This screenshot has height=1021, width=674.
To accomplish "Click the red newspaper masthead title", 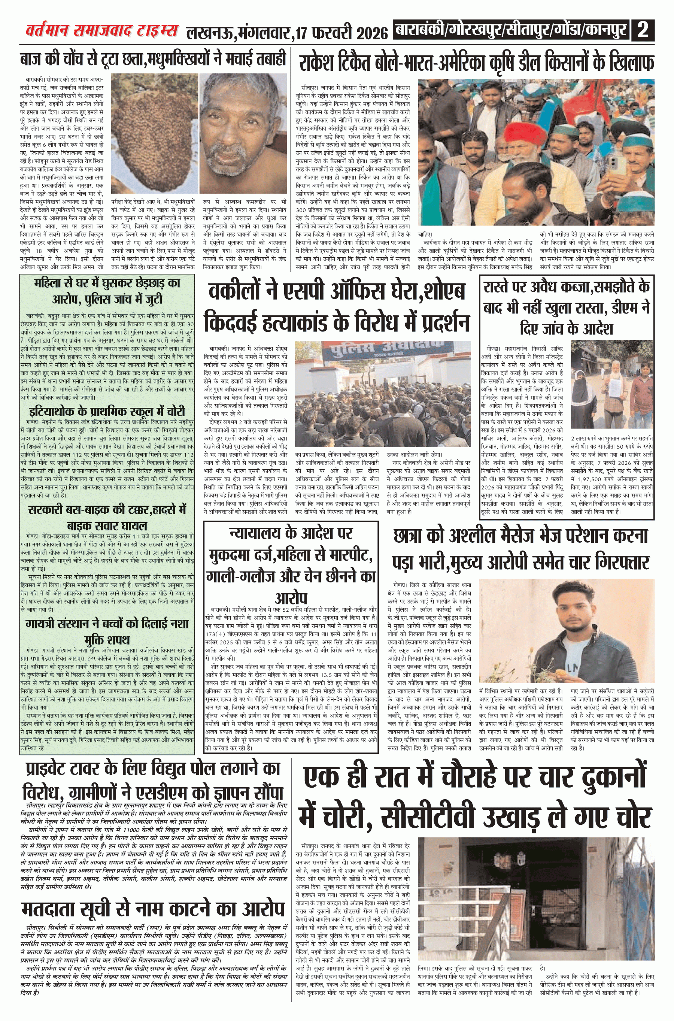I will click(101, 31).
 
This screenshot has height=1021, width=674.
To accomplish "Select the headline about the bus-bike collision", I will click(107, 518).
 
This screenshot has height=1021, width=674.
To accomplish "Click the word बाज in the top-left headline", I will click(33, 59).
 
